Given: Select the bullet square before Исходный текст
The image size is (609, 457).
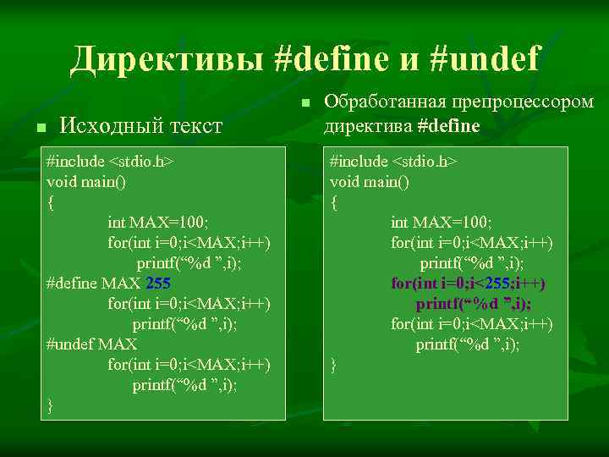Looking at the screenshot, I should tap(39, 128).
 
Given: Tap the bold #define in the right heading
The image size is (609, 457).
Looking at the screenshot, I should tap(448, 126).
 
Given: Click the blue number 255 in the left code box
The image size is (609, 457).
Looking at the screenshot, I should tap(158, 283).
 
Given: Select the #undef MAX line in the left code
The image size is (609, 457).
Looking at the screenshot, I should tap(92, 344).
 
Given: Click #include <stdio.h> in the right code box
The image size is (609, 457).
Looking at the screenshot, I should tap(393, 161).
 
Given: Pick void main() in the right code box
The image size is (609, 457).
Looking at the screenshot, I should tap(370, 181).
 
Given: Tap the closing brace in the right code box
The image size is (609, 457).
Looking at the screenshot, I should tap(334, 365).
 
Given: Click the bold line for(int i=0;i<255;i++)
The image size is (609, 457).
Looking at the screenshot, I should tap(468, 283).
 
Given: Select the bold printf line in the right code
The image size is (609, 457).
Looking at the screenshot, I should tap(473, 303).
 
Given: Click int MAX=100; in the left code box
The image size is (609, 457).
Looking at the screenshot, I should tap(158, 222).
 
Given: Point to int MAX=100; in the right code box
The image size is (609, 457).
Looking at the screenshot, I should tap(442, 222).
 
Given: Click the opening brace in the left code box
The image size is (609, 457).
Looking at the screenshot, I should tap(51, 201).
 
